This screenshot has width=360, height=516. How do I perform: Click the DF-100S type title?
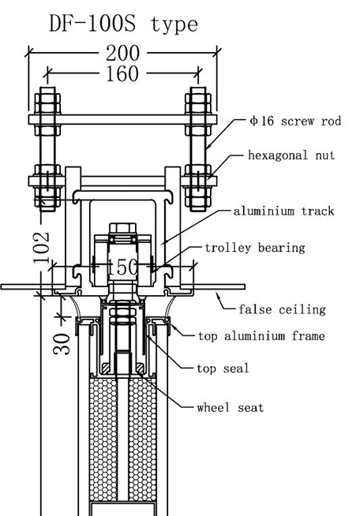coord(123,24)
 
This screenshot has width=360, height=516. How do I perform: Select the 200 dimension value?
coord(122,54)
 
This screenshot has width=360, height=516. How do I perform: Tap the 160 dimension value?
coord(122,73)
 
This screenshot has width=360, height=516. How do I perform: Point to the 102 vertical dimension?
coord(42,248)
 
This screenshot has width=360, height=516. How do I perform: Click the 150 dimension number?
coord(122,267)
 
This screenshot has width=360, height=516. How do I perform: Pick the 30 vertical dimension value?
coord(62,344)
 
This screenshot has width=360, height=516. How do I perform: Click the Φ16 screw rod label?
coord(295,121)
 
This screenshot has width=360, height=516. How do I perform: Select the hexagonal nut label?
coord(291,155)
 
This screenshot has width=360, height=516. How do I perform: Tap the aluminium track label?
coord(283,211)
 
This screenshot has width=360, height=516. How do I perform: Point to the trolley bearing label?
coord(255,248)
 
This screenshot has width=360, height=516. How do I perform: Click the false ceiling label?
coord(283,309)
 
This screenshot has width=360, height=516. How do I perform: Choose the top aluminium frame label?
coord(261,336)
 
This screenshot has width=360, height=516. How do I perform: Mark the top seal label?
coord(223,368)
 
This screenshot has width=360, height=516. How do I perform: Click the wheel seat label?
coord(231,408)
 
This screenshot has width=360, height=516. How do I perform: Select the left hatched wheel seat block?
coord(107,368)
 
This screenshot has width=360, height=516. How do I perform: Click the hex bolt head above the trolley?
coord(122,228)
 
